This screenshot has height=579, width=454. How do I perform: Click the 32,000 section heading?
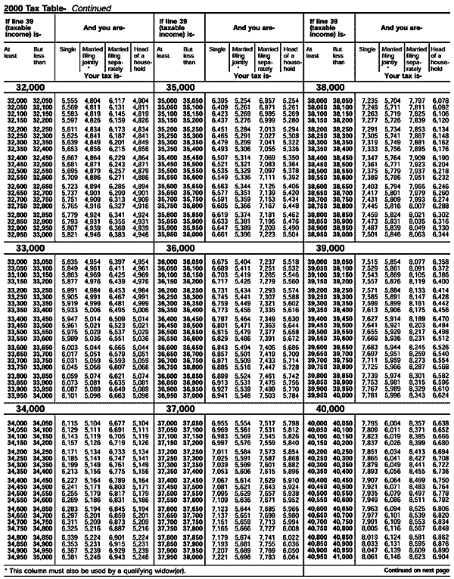tap(27, 88)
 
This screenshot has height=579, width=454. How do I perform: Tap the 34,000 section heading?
tap(27, 407)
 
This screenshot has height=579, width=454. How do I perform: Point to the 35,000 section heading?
tap(176, 88)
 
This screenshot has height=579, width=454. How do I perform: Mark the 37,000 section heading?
tap(176, 407)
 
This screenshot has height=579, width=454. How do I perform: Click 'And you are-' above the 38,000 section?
tap(405, 27)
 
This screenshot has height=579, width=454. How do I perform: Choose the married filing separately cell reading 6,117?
tap(118, 101)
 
